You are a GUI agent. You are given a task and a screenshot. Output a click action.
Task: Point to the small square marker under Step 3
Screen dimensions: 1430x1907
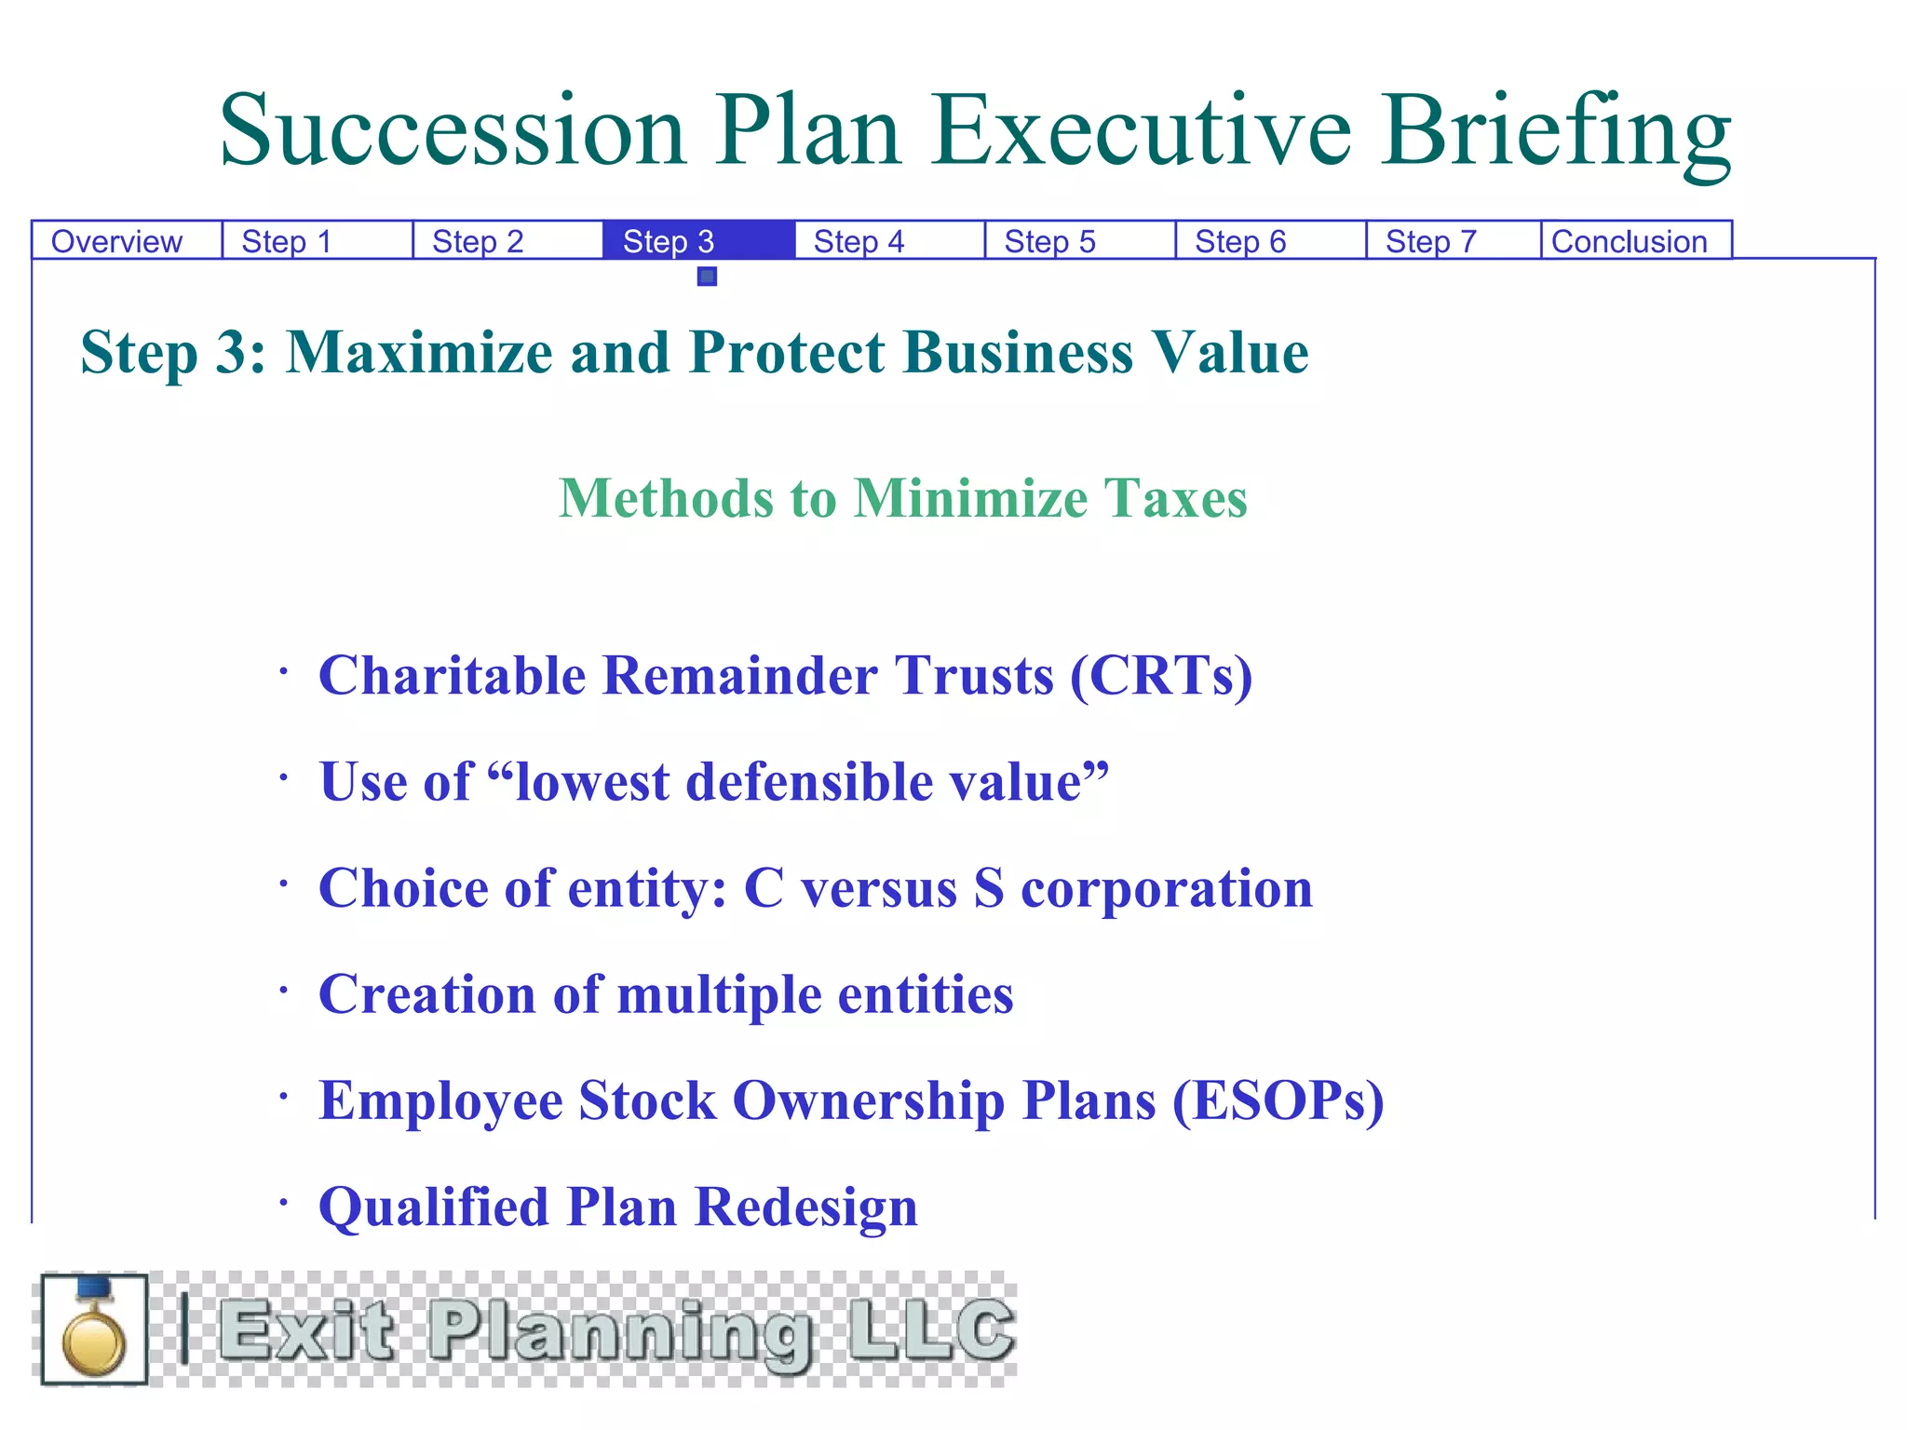[x=708, y=277]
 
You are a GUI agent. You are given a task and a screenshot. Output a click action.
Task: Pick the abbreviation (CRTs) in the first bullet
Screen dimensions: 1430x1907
[x=1161, y=675]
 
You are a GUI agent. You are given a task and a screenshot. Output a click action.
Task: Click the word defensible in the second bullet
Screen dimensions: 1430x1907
[x=808, y=781]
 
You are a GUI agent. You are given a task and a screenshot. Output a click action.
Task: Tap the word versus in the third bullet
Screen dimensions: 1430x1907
[x=879, y=888]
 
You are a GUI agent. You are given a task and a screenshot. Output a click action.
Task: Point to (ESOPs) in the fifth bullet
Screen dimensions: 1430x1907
[x=1278, y=1100]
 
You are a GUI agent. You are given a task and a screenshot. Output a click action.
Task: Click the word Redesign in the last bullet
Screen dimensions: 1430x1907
[x=806, y=1207]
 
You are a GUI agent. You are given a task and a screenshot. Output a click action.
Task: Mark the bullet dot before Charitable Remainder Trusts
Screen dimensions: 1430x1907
[x=283, y=670]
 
